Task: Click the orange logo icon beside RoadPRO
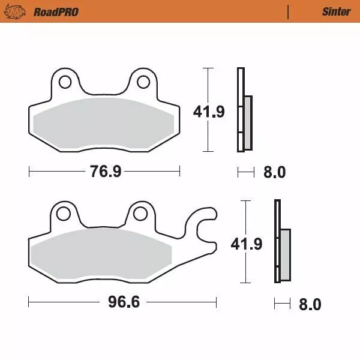tap(20, 11)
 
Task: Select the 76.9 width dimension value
tap(106, 172)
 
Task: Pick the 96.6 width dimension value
tap(124, 302)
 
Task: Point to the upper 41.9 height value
tap(209, 112)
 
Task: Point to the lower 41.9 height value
tap(247, 244)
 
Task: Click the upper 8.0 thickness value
tap(274, 173)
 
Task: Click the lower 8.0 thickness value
tap(310, 304)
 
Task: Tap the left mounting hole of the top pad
tap(64, 82)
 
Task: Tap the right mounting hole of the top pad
tap(144, 82)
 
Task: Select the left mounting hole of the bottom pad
tap(62, 213)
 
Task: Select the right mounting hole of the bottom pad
tap(140, 213)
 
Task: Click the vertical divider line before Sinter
tap(289, 11)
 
